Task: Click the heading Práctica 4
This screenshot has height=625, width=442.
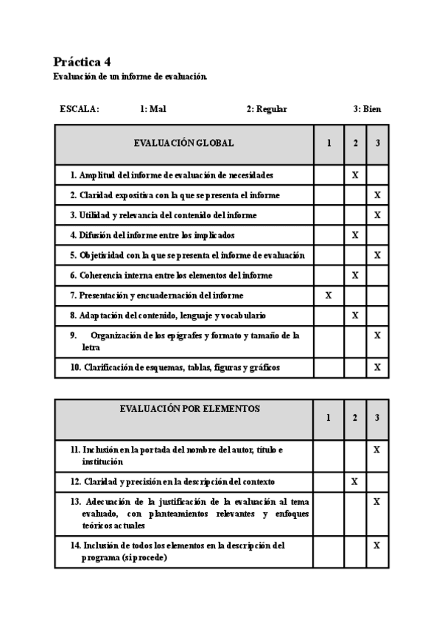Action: [x=82, y=62]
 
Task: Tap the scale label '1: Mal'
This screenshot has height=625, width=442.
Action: [x=152, y=109]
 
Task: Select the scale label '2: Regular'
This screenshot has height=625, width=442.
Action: [x=267, y=109]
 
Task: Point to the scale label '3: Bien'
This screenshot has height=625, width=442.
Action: [x=367, y=109]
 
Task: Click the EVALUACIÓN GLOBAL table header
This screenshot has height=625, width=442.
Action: [x=184, y=143]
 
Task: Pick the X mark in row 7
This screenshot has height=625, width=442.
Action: [x=329, y=295]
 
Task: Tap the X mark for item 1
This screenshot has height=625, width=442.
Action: [x=355, y=175]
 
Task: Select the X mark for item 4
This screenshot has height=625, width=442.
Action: [x=355, y=235]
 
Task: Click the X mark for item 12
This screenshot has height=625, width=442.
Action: [x=354, y=481]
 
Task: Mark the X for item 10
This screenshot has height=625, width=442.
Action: [x=377, y=366]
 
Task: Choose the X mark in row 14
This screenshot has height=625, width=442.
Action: [x=376, y=545]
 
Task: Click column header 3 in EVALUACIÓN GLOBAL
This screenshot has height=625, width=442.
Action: [x=377, y=143]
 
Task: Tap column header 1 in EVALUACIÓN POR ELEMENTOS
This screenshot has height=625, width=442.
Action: [x=328, y=418]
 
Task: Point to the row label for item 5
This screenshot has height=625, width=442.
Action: [x=187, y=255]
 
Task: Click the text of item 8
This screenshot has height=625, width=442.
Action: [x=168, y=315]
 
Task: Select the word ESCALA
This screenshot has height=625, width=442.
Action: [x=80, y=109]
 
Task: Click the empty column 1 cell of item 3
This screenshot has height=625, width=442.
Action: [x=329, y=215]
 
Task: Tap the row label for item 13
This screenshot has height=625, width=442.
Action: [x=189, y=514]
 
